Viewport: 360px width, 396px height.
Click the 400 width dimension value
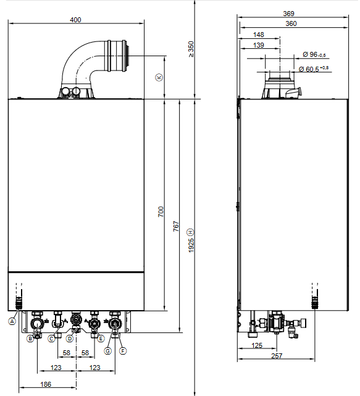pyautogui.click(x=75, y=20)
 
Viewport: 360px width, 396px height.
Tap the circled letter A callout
pyautogui.click(x=12, y=321)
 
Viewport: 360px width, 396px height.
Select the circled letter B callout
pyautogui.click(x=30, y=339)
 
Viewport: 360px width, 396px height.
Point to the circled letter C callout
pyautogui.click(x=51, y=339)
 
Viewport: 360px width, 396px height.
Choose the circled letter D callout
pyautogui.click(x=70, y=339)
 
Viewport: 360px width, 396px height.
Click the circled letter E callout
pyautogui.click(x=101, y=339)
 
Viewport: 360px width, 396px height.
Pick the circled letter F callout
pyautogui.click(x=123, y=351)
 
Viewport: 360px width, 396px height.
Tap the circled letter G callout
pyautogui.click(x=108, y=351)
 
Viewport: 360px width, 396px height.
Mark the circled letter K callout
pyautogui.click(x=159, y=77)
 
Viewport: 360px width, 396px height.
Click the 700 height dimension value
pyautogui.click(x=161, y=212)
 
